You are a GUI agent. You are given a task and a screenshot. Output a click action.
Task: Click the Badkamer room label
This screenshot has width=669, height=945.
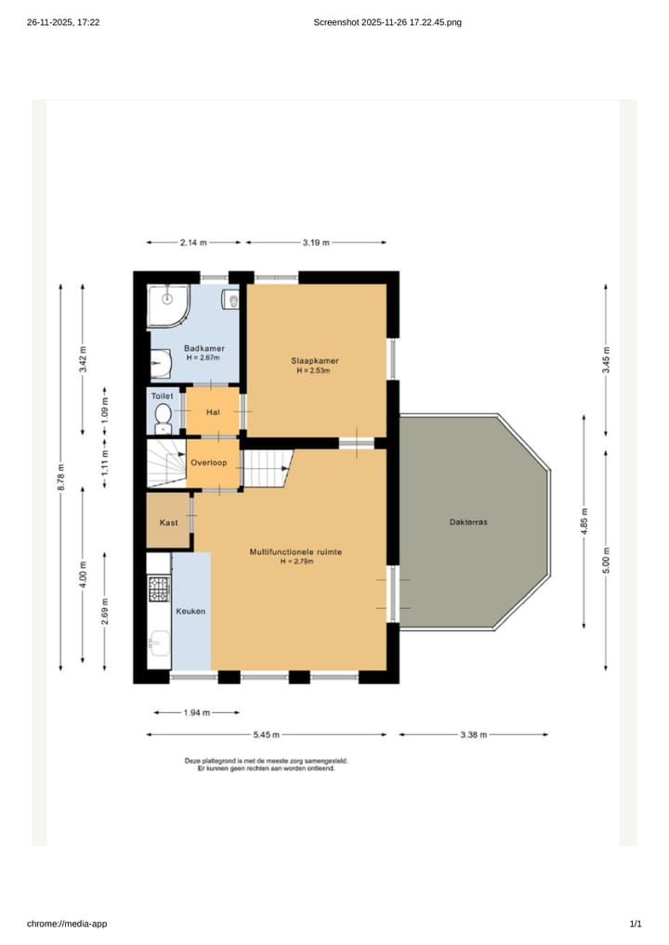pyautogui.click(x=204, y=348)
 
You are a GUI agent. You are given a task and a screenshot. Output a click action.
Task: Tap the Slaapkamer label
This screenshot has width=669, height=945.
pyautogui.click(x=315, y=361)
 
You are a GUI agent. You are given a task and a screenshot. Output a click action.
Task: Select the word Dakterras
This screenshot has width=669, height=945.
pyautogui.click(x=468, y=522)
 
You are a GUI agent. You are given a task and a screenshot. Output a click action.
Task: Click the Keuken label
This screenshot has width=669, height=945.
pyautogui.click(x=190, y=611)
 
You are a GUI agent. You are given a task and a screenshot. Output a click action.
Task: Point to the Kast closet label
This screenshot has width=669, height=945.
pyautogui.click(x=168, y=523)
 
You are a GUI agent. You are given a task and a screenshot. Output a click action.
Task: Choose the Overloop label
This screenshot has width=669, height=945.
pyautogui.click(x=209, y=463)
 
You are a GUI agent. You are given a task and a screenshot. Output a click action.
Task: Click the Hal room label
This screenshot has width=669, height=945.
pyautogui.click(x=213, y=412)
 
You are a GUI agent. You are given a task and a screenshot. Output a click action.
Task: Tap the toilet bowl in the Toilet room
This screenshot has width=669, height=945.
pyautogui.click(x=163, y=418)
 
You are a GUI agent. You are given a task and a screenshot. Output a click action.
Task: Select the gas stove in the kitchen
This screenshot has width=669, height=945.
pyautogui.click(x=159, y=589)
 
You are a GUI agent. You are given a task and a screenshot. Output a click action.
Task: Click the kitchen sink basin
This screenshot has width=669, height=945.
pyautogui.click(x=159, y=642)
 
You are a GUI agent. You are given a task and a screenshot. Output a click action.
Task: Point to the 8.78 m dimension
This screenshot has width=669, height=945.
pyautogui.click(x=61, y=477)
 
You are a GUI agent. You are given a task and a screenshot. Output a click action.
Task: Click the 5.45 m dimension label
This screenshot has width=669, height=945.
pyautogui.click(x=266, y=734)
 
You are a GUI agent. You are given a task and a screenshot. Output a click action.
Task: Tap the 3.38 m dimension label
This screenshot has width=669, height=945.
pyautogui.click(x=474, y=734)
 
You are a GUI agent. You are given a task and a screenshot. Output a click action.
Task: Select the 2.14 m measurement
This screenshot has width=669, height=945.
pyautogui.click(x=193, y=243)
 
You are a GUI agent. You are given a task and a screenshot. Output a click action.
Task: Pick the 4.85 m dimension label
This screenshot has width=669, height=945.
pyautogui.click(x=584, y=522)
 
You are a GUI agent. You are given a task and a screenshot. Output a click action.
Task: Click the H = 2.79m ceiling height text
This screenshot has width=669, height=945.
pyautogui.click(x=296, y=562)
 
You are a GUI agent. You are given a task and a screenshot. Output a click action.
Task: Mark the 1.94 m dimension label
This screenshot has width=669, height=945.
pyautogui.click(x=197, y=713)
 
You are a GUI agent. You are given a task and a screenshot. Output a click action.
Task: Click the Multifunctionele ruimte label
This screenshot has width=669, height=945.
pyautogui.click(x=295, y=552)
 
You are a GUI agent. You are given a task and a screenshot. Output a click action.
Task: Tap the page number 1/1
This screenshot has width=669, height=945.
pyautogui.click(x=636, y=924)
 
